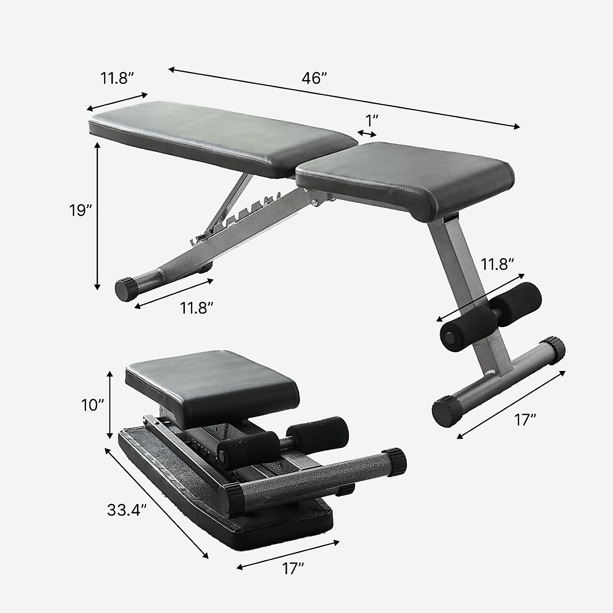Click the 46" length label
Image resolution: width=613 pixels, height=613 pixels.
coord(314,78)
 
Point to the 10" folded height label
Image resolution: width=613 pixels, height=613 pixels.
coord(92,405)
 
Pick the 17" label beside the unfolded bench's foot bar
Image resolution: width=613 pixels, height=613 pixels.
coord(525,420)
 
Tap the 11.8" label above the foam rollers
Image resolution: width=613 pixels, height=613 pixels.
coord(497,264)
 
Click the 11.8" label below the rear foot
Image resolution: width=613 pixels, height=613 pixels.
coord(196,308)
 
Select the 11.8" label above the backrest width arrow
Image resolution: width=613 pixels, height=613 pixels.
coord(117,78)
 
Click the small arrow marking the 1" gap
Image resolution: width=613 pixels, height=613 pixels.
coord(367,134)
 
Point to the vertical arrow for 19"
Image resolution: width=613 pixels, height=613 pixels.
coord(98,216)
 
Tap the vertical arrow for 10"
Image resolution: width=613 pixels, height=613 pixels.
coord(109,405)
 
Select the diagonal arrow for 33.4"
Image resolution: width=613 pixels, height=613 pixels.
coord(156,503)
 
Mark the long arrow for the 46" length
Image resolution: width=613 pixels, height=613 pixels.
coord(344,97)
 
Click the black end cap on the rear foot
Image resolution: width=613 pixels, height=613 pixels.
coord(126,289)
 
